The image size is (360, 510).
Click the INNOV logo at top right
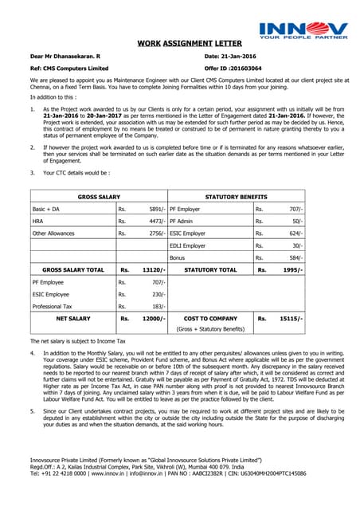click(303, 29)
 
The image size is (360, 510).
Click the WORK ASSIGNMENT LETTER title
click(179, 45)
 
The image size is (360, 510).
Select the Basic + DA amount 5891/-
click(156, 209)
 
